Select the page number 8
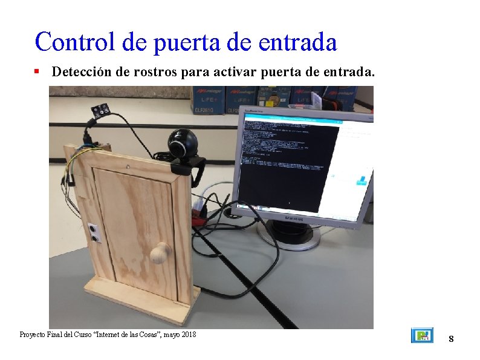[451, 339]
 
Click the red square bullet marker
[37, 71]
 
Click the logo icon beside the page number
[422, 335]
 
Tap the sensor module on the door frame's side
[93, 232]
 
